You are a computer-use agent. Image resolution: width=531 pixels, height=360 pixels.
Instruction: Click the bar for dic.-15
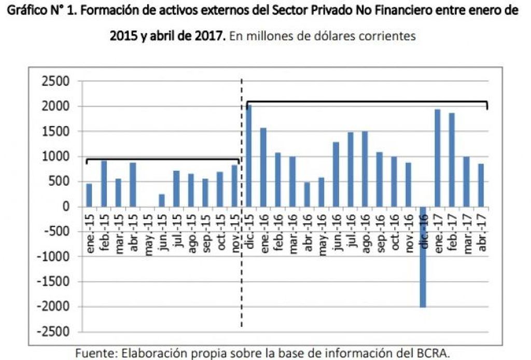[249, 156]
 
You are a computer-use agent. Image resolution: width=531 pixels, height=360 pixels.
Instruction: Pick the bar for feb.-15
[104, 184]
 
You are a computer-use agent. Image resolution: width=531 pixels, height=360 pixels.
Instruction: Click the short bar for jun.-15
[162, 200]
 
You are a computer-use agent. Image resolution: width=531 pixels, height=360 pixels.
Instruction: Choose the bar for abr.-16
[308, 194]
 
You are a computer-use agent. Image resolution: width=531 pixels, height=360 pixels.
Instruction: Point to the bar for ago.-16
[366, 169]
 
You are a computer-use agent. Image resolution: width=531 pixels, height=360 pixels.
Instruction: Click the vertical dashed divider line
[242, 259]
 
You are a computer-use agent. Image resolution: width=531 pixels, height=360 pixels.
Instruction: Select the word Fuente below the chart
[96, 353]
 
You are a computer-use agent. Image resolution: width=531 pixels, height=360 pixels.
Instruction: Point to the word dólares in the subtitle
[342, 36]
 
